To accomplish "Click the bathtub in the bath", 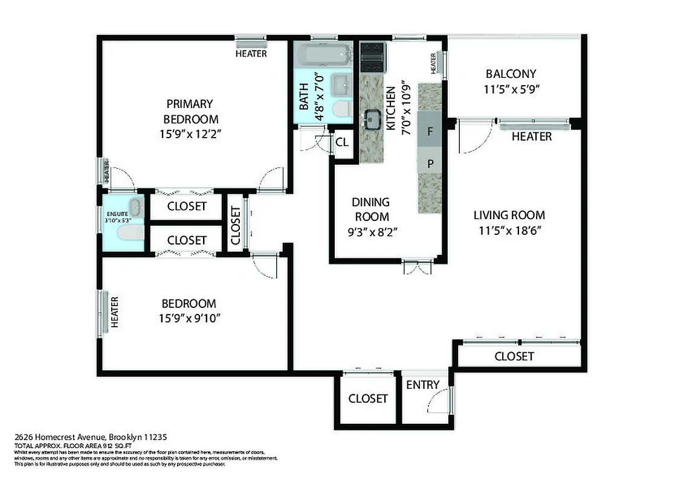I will click(324, 56).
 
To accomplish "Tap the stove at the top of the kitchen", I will click(373, 57).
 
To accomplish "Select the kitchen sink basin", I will click(371, 120).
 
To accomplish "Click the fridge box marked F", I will click(430, 131).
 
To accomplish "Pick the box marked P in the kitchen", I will click(430, 163).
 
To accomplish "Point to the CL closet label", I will click(342, 143).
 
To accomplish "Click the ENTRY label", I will click(422, 385).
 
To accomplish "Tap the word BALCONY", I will click(511, 74).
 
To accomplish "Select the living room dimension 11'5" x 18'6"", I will click(509, 230).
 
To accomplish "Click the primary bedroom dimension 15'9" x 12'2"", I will click(190, 135).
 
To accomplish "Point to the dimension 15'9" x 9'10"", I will click(189, 318).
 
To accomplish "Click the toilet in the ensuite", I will click(130, 232).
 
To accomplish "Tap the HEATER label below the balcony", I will click(531, 136).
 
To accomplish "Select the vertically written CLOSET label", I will click(236, 223).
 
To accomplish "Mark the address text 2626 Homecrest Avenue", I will click(90, 437).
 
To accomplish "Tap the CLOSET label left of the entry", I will click(367, 398).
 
